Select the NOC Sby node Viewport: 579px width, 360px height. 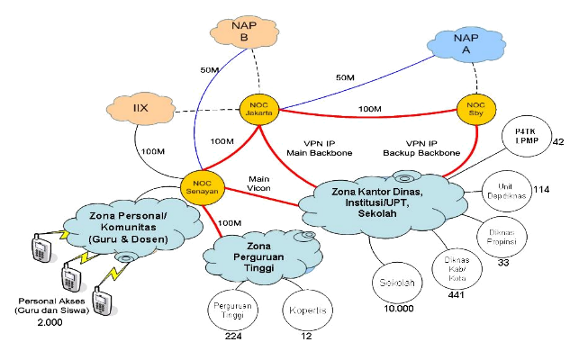(476, 109)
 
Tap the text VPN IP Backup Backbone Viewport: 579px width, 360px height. (423, 148)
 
